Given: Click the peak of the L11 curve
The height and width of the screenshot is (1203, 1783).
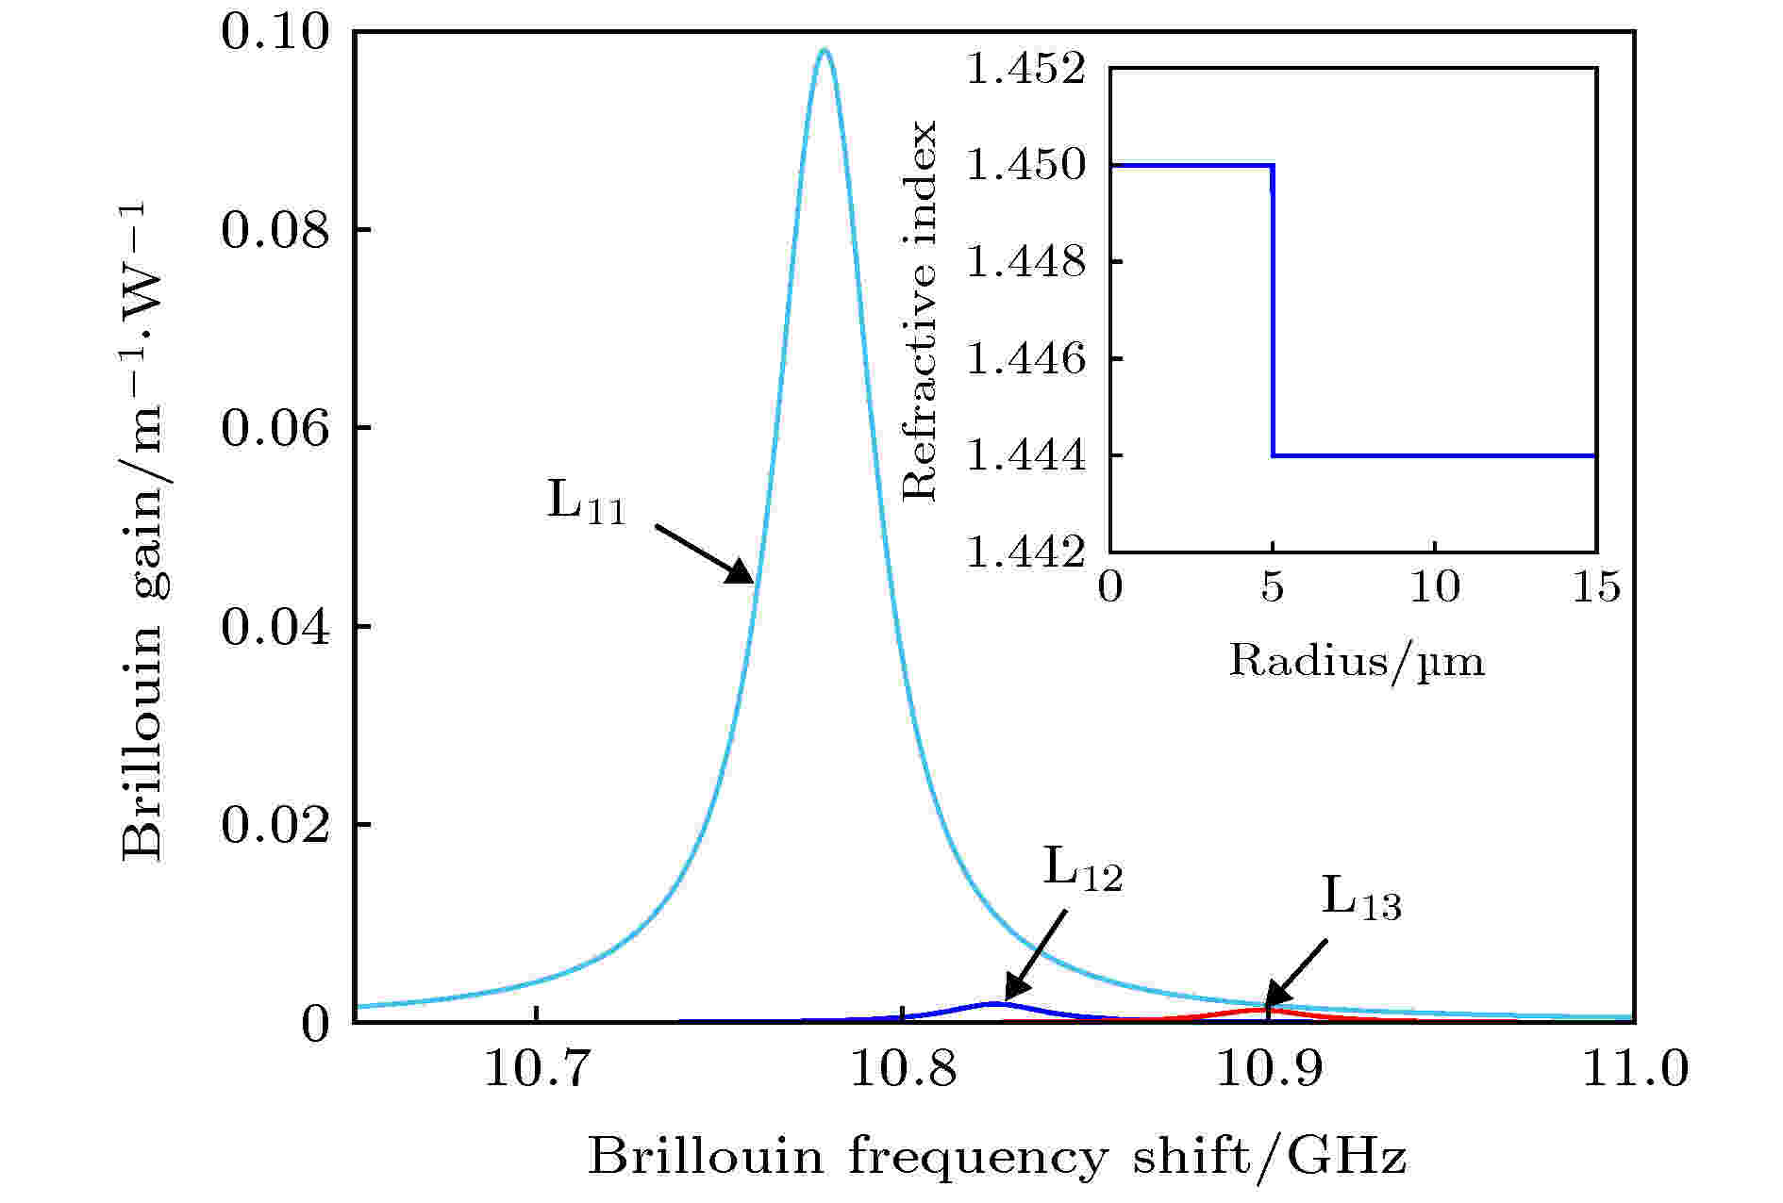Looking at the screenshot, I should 825,51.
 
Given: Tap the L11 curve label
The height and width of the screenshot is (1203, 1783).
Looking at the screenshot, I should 586,502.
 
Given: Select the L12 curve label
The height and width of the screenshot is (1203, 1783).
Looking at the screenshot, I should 1082,869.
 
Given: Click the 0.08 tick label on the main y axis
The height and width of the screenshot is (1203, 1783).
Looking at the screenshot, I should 275,231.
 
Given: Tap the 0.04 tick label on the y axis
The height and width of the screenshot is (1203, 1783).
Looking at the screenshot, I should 275,628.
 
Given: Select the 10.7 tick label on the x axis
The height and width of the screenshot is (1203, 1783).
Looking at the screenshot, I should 537,1070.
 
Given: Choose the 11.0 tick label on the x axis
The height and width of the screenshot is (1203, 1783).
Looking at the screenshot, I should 1634,1070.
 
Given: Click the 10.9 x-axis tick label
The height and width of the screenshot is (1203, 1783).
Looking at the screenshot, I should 1269,1070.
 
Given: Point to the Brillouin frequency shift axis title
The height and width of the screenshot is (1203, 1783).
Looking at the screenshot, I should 996,1156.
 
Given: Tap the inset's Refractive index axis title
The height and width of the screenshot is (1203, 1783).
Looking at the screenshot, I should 919,311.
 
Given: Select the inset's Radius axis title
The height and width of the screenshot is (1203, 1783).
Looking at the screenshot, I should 1356,661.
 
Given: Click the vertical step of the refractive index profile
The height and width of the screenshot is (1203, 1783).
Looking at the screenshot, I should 1273,311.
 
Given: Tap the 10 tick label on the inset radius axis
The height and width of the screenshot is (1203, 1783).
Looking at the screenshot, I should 1434,588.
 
